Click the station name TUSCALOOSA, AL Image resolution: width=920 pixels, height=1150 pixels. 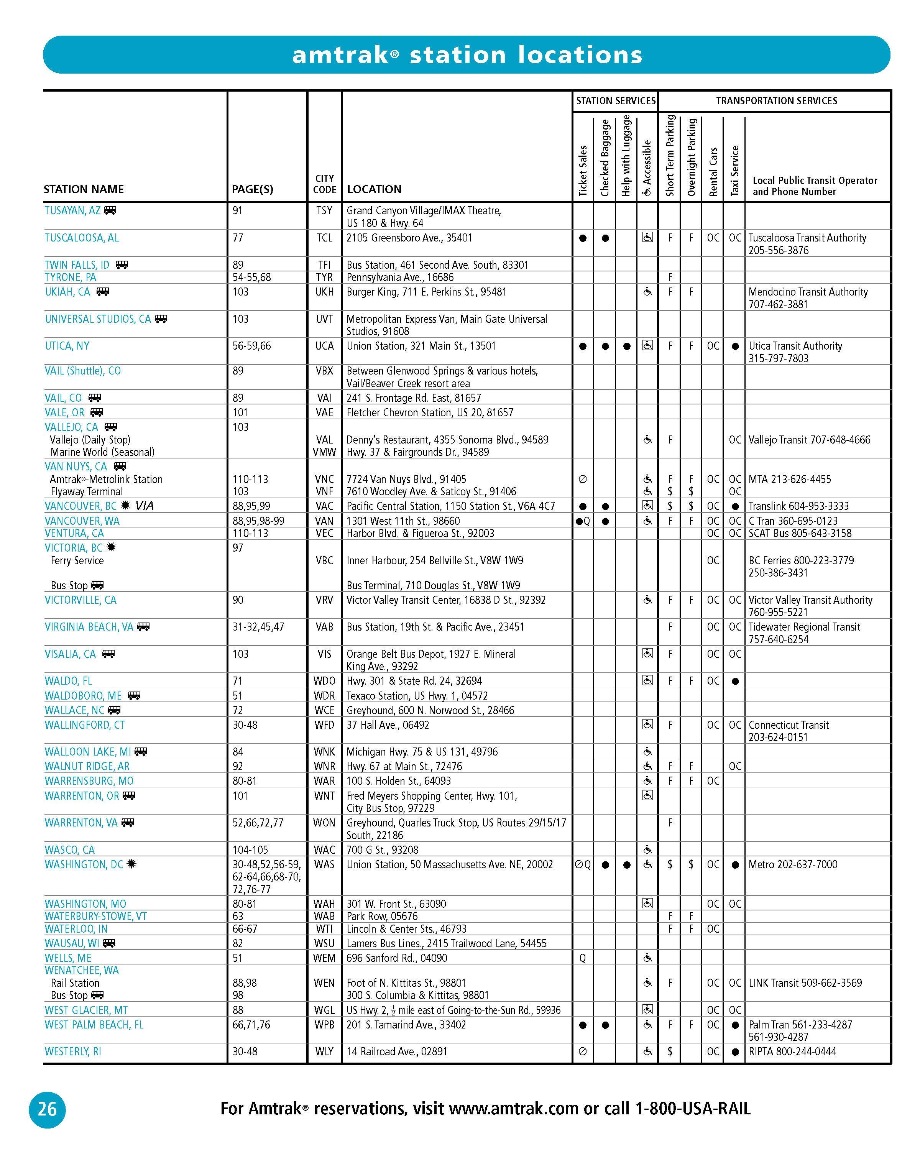(82, 238)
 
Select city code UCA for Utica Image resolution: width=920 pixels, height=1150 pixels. (324, 346)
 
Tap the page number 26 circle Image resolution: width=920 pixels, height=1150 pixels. (47, 1109)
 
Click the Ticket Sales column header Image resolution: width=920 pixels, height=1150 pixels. (583, 171)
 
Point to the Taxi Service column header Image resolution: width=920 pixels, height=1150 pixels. (734, 171)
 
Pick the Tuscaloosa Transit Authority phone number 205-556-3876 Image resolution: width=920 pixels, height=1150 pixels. (778, 251)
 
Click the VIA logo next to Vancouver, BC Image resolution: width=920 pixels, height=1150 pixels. (145, 506)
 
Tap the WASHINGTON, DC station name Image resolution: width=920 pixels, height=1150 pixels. (84, 864)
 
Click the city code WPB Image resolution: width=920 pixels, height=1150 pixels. (324, 1025)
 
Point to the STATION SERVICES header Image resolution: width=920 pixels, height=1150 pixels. (616, 101)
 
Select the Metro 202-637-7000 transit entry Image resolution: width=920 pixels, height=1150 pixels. (792, 864)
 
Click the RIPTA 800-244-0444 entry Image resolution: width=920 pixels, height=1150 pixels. (792, 1051)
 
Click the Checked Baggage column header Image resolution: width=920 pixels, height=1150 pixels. (605, 158)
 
